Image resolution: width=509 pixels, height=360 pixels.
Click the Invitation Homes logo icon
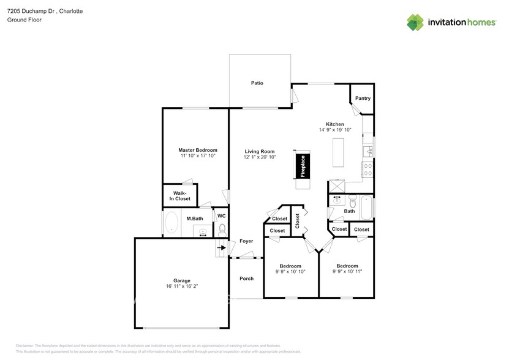(x=415, y=22)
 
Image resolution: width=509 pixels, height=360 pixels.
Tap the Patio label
(x=257, y=83)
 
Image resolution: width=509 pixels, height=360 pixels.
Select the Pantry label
(x=363, y=98)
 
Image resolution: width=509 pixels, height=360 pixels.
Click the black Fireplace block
(x=302, y=165)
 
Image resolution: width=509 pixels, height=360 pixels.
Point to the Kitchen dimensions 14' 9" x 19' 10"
(x=335, y=130)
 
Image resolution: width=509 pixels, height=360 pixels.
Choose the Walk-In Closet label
(x=181, y=196)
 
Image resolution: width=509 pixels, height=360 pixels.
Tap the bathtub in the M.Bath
(x=171, y=223)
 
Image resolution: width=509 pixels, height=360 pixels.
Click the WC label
(x=221, y=216)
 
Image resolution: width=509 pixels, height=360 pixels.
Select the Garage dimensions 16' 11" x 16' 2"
(x=182, y=286)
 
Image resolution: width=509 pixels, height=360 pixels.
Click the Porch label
(x=246, y=279)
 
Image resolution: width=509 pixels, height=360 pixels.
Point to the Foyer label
(x=246, y=241)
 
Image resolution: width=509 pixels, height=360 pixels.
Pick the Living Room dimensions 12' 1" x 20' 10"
(x=260, y=157)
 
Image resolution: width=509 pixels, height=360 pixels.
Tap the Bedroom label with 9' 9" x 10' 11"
(x=347, y=266)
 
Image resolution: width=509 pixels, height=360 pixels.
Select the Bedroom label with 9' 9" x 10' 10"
(x=290, y=266)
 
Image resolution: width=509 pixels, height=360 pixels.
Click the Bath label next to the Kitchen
(x=349, y=211)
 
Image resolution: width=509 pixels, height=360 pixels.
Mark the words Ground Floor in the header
(x=24, y=20)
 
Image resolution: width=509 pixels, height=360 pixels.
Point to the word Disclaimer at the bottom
(x=25, y=346)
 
